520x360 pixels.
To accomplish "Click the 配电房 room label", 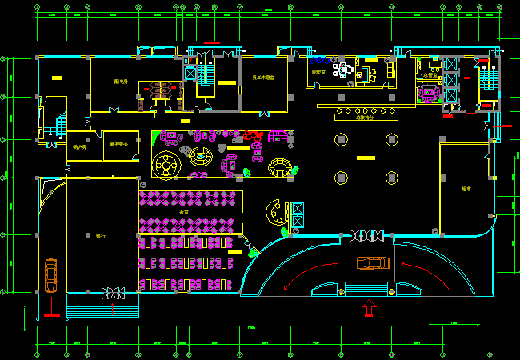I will click(122, 82).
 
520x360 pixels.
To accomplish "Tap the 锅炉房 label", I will click(79, 146).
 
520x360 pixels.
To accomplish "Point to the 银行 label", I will click(101, 236).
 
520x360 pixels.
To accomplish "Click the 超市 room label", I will click(466, 190).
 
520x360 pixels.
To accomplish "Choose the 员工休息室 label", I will click(263, 78).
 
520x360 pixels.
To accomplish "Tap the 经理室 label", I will click(318, 72).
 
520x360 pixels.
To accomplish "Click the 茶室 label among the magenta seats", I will click(184, 211).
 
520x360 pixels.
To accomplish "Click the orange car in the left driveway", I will click(51, 274).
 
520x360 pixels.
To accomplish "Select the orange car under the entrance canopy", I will click(372, 262).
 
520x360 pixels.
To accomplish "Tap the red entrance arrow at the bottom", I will click(369, 306).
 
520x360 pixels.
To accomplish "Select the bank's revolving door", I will click(113, 294).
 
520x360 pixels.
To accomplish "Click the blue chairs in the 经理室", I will click(321, 60).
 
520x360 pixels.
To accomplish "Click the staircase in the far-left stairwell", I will click(60, 125).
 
